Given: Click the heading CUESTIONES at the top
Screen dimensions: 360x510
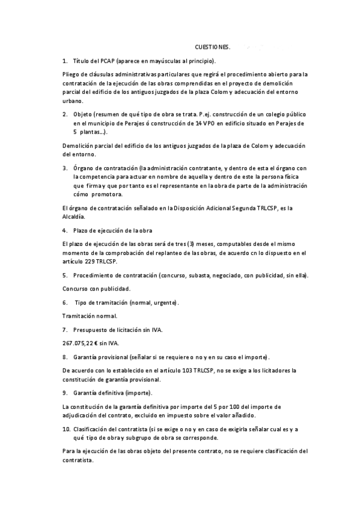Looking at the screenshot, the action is [x=212, y=46].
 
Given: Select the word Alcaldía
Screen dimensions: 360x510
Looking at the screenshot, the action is [x=74, y=217].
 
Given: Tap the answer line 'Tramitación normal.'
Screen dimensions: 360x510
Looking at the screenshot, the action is [x=90, y=316].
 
